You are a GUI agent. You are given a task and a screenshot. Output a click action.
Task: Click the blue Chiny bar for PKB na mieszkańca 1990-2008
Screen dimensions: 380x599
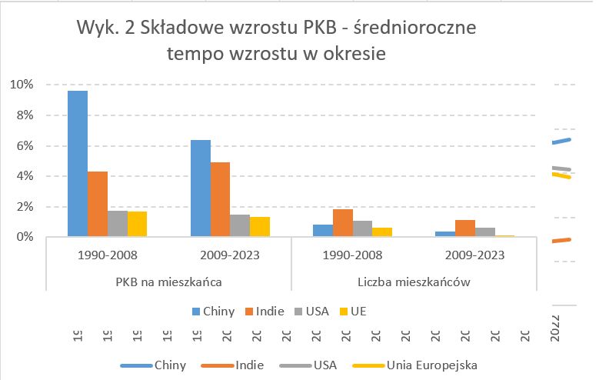(78, 164)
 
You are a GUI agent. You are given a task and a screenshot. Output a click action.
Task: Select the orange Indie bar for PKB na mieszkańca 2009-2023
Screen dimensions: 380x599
(220, 199)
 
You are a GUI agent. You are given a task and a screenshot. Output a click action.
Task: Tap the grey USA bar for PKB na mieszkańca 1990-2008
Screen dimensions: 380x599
(118, 223)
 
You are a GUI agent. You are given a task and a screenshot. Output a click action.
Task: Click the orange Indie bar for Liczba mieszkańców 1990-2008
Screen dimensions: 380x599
(344, 222)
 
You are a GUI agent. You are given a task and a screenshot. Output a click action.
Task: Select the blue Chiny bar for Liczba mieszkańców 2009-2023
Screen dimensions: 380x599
(445, 234)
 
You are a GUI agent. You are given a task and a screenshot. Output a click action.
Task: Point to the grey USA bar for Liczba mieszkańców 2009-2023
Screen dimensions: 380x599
(485, 232)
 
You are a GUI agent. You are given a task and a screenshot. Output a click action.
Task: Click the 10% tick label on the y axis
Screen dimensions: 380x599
(22, 85)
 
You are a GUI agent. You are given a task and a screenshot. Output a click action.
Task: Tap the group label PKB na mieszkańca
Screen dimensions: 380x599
(169, 282)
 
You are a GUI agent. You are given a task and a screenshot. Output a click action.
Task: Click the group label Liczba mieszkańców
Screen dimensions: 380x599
(414, 282)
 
